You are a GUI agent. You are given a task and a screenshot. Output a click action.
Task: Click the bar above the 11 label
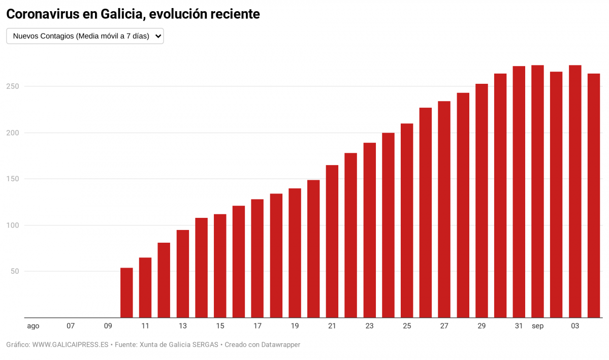(145, 287)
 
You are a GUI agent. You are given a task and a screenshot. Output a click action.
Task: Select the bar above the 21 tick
(332, 241)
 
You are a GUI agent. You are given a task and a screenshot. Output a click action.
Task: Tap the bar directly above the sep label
(537, 191)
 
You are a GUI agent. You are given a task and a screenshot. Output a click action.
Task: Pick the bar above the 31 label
(519, 192)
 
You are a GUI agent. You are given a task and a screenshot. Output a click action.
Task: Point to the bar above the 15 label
(220, 266)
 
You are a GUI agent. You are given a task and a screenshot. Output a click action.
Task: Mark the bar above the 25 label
(407, 220)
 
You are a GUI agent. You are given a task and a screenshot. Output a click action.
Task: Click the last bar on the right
(594, 195)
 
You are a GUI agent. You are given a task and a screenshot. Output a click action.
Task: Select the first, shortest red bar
(126, 292)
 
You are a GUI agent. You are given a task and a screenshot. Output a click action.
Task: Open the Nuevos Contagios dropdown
(85, 36)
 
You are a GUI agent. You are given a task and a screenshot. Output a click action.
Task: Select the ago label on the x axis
(33, 326)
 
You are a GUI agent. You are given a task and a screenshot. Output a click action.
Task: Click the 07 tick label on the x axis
(71, 326)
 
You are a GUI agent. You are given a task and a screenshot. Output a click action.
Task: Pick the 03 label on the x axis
(575, 326)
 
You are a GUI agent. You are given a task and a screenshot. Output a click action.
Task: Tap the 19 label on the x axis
(295, 326)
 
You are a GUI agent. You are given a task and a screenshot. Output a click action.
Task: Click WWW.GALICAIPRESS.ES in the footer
(70, 345)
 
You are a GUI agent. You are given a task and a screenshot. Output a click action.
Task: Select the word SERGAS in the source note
(204, 345)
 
